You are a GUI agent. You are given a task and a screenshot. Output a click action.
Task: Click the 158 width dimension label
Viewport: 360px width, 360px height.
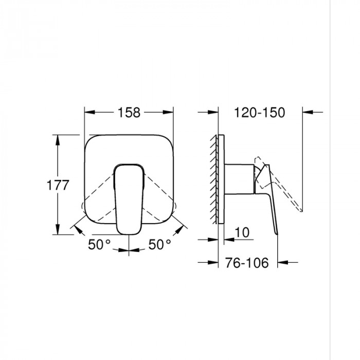pyautogui.click(x=129, y=112)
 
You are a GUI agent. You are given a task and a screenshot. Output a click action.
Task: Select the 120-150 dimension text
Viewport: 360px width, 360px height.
pyautogui.click(x=259, y=112)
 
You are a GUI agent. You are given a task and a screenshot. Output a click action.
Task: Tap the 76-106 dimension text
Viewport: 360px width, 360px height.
pyautogui.click(x=248, y=263)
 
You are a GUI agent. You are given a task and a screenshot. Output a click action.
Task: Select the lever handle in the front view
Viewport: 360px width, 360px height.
pyautogui.click(x=129, y=198)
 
